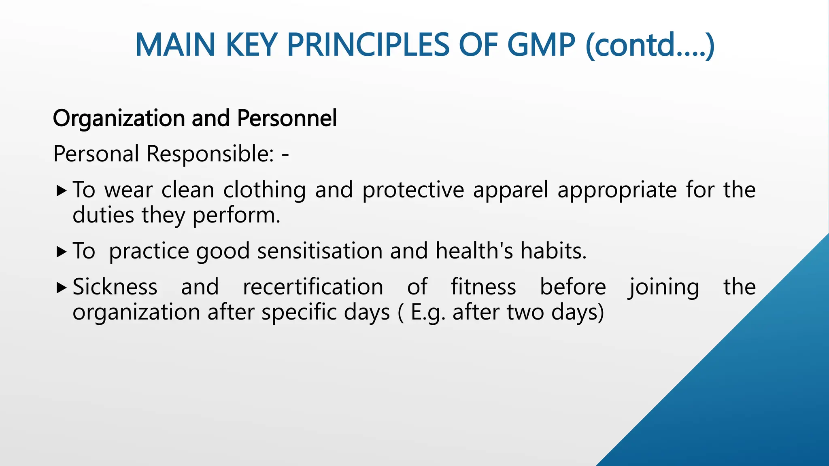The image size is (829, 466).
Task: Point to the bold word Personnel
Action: click(x=287, y=119)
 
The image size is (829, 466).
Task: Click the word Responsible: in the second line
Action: click(x=210, y=154)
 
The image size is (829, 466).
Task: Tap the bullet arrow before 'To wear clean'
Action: click(x=62, y=190)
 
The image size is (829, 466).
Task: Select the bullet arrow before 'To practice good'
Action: click(x=62, y=252)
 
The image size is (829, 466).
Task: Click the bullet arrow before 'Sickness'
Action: click(x=62, y=288)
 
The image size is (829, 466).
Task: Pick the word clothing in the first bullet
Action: click(x=264, y=190)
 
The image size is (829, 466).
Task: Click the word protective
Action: click(x=413, y=190)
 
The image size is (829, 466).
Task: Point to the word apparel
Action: click(x=511, y=190)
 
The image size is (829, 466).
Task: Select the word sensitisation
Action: click(x=320, y=251)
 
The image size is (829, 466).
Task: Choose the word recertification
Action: click(x=313, y=287)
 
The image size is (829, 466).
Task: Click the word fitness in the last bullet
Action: click(x=483, y=287)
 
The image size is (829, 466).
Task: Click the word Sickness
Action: click(x=115, y=287)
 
